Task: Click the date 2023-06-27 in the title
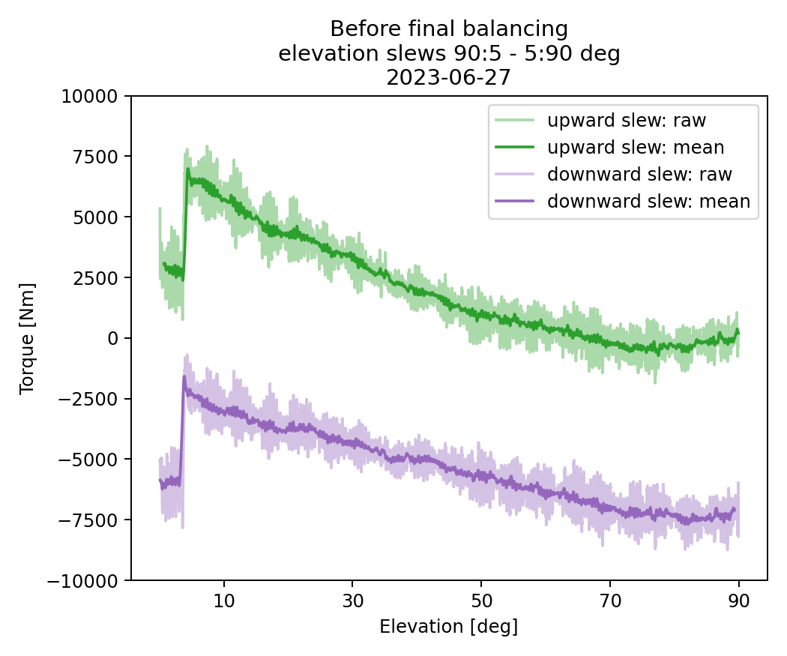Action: [448, 77]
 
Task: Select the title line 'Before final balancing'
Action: [448, 29]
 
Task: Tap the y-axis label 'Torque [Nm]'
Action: [27, 338]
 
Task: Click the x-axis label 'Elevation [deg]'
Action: [448, 627]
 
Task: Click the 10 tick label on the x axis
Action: [224, 601]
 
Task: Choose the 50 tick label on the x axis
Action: [481, 601]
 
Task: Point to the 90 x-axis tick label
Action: [739, 601]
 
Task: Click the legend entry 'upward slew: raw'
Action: [627, 120]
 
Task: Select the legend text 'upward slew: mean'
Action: [636, 147]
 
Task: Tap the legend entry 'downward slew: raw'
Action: [639, 174]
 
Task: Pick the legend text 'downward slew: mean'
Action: [648, 201]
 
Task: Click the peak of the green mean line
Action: [188, 169]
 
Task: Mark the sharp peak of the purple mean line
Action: [184, 377]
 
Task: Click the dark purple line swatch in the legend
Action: [514, 201]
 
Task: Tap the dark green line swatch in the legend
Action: [514, 147]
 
